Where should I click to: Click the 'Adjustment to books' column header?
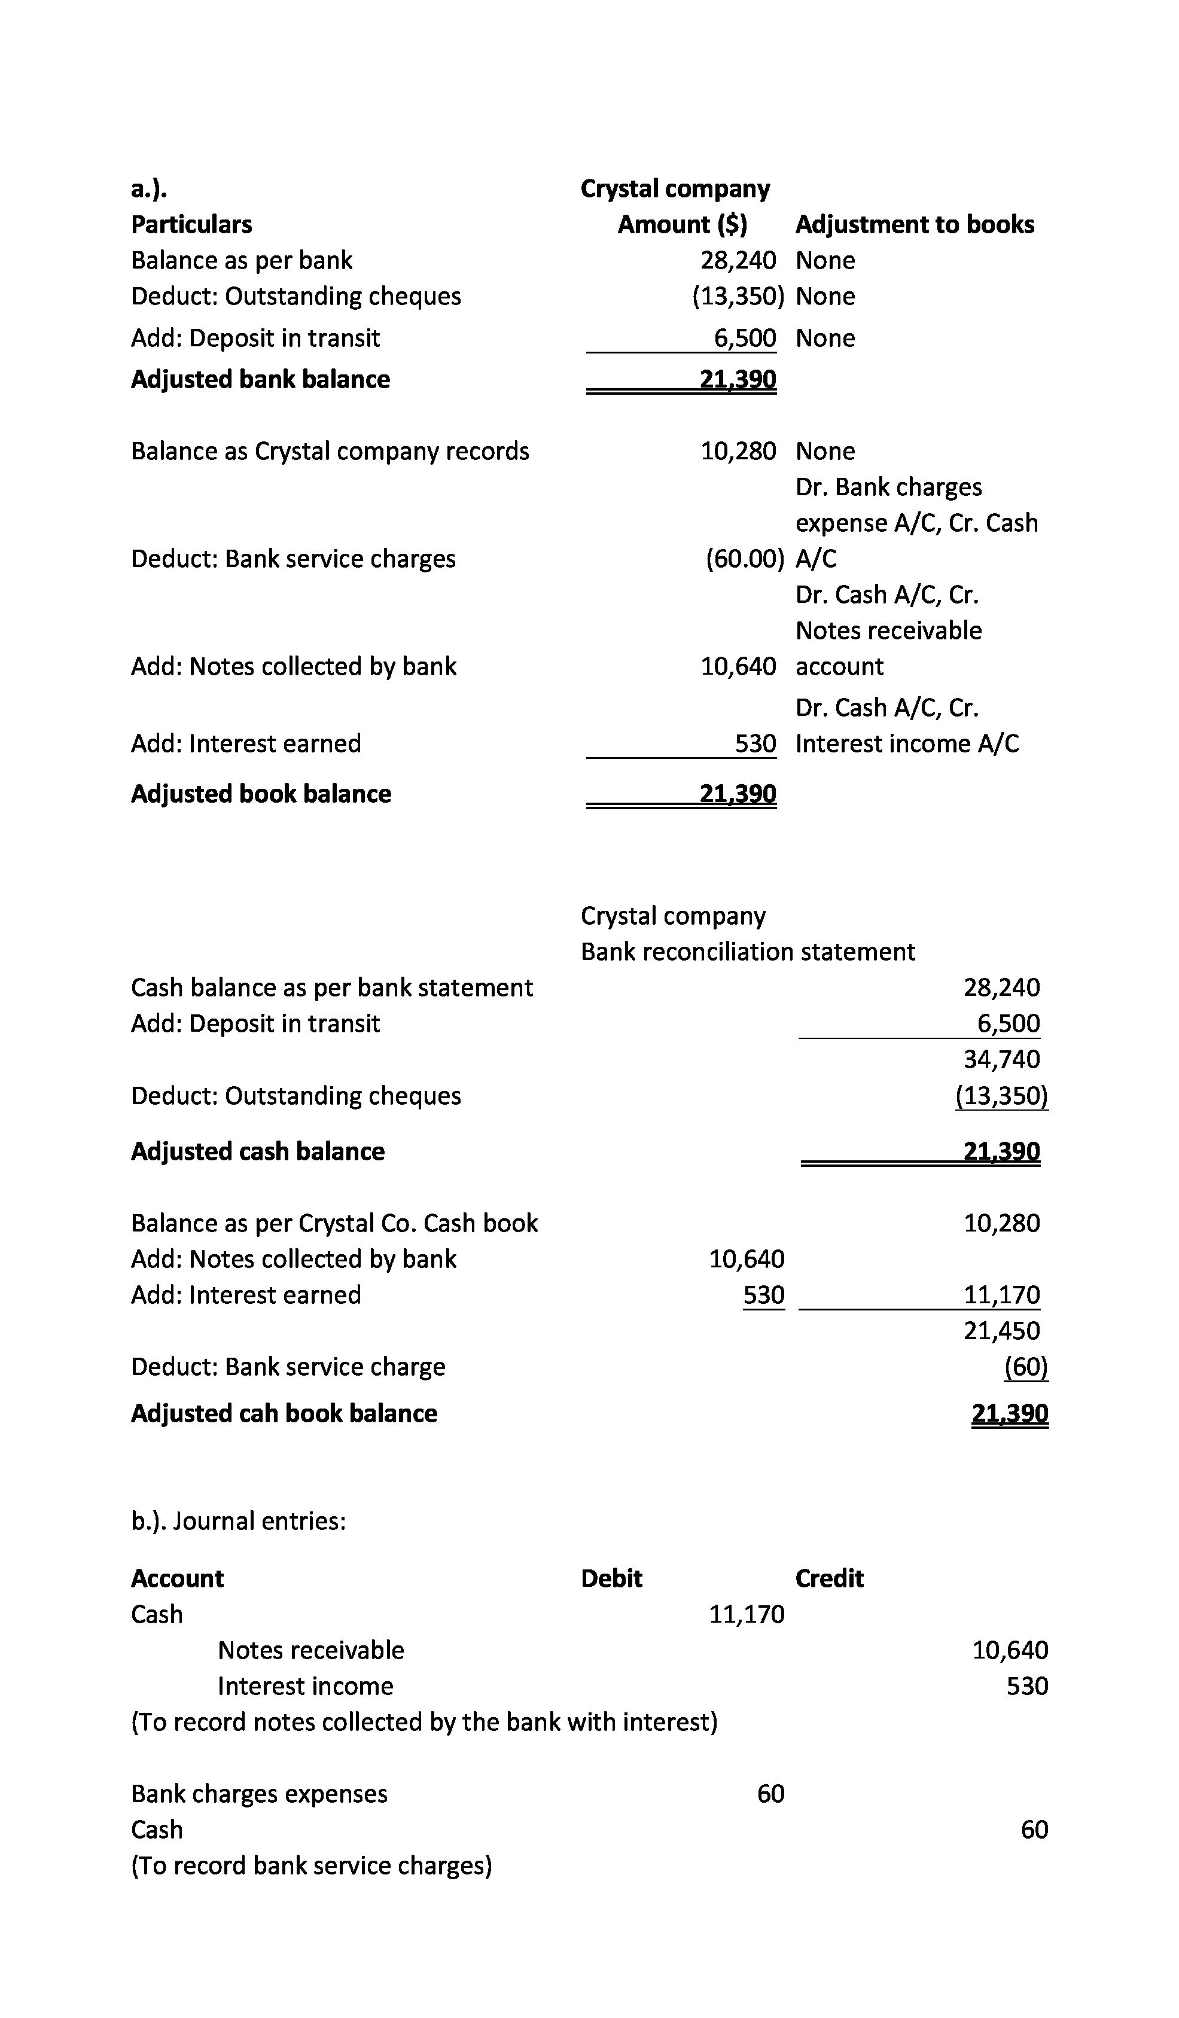tap(914, 224)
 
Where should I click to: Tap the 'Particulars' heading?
tap(191, 224)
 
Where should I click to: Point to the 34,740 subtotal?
tap(1001, 1059)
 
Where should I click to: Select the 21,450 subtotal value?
tap(1001, 1330)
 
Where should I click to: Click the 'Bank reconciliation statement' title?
tap(747, 952)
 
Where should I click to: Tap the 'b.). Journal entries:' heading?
tap(238, 1521)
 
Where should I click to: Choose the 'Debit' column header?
tap(611, 1578)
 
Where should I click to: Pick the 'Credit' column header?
tap(829, 1578)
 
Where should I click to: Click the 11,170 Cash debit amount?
tap(747, 1614)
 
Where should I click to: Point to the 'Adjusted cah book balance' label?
tap(284, 1413)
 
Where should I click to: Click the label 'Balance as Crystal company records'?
tap(330, 451)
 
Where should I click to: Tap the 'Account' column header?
tap(177, 1578)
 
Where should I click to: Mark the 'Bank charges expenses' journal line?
tap(258, 1794)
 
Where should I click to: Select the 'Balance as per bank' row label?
tap(241, 260)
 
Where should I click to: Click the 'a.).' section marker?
tap(149, 189)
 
